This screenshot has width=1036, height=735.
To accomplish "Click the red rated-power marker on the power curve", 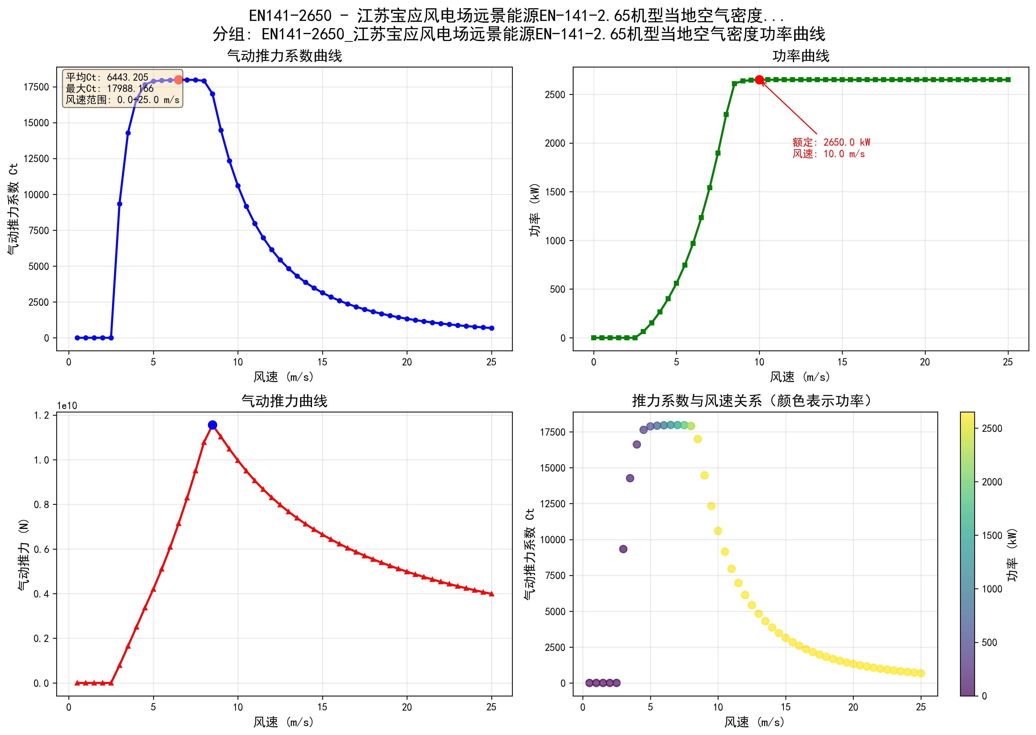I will pos(759,80).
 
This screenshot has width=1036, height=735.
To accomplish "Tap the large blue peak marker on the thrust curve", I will pos(212,425).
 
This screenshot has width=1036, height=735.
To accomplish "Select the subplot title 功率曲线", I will pos(801,56).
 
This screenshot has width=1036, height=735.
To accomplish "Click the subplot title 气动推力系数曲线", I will pos(284,56).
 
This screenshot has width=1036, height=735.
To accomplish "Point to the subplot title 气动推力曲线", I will pos(284,401).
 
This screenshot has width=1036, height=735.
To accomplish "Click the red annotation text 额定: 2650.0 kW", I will pos(831,142).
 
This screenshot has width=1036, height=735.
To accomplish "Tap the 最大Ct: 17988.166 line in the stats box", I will pos(110,89).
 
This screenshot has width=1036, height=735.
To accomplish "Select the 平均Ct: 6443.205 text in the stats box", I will pos(107,77).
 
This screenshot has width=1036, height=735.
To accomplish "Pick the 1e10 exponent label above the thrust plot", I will pos(67,406).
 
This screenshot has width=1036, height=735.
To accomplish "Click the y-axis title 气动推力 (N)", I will pos(24,554).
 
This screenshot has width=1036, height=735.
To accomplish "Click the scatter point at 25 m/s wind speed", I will pos(920,674).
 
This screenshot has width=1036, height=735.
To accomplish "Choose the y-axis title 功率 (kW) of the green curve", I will pos(535,210).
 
